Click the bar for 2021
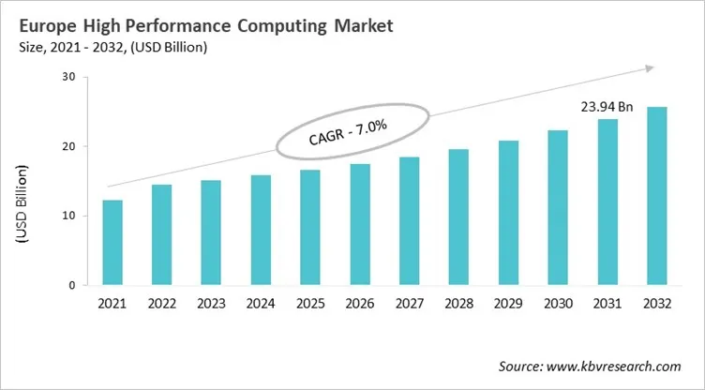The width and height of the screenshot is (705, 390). pyautogui.click(x=112, y=242)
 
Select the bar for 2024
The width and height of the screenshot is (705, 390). pyautogui.click(x=261, y=230)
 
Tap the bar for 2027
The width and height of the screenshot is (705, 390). pyautogui.click(x=409, y=220)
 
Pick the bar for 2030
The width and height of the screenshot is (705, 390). pyautogui.click(x=557, y=207)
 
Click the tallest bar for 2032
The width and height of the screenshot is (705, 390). pyautogui.click(x=656, y=196)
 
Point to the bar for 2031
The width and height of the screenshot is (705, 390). pyautogui.click(x=607, y=202)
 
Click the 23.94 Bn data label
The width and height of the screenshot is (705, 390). pyautogui.click(x=607, y=108)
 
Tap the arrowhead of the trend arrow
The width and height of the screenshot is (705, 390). pyautogui.click(x=647, y=67)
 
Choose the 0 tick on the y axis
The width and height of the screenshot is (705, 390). pyautogui.click(x=70, y=285)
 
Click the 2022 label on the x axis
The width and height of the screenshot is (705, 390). pyautogui.click(x=161, y=302)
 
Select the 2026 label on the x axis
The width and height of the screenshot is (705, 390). pyautogui.click(x=359, y=302)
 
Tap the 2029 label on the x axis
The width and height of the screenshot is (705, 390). pyautogui.click(x=507, y=302)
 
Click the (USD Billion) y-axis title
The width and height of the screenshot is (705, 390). pyautogui.click(x=21, y=204)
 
